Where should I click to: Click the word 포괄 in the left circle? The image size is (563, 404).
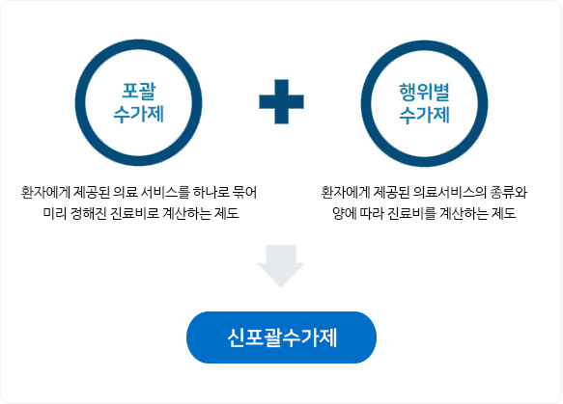pos(139,91)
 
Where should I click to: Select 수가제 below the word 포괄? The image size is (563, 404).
pos(139,115)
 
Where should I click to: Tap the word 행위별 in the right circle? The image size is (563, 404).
pos(424,93)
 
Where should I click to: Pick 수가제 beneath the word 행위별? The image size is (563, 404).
pos(424,115)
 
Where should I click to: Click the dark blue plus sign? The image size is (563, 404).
pos(282,102)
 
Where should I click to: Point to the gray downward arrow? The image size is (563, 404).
pos(281,266)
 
